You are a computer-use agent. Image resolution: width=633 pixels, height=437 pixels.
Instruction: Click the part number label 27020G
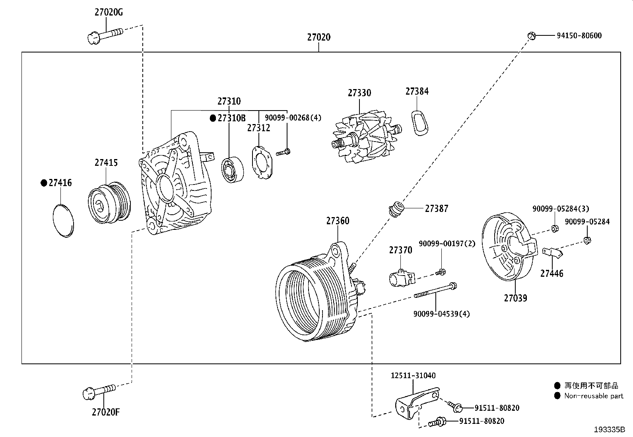108,12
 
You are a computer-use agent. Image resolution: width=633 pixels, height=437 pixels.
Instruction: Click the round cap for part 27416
63,221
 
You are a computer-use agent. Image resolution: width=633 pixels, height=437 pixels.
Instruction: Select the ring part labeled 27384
419,122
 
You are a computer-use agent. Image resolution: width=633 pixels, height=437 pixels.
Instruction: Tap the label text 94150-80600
579,35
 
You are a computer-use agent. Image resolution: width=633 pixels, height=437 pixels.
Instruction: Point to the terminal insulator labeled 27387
396,209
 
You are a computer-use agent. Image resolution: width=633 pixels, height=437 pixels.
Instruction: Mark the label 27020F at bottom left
105,412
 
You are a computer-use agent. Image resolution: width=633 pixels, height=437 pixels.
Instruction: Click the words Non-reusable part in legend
594,396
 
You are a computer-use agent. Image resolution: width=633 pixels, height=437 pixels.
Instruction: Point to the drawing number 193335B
610,429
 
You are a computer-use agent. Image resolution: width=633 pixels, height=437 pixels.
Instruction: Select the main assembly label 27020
318,37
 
